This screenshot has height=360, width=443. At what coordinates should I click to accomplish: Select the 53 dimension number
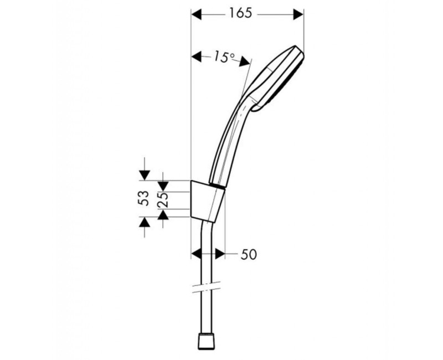(144, 198)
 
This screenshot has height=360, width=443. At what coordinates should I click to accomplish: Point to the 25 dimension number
(163, 200)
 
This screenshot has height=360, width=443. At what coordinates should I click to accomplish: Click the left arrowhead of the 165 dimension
(197, 13)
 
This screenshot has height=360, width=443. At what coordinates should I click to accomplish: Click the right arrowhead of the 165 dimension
(298, 13)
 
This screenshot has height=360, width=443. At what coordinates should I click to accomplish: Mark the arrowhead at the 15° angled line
(245, 63)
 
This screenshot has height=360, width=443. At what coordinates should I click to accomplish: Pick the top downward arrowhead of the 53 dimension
(144, 174)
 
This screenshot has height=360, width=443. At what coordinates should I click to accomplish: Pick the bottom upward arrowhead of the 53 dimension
(144, 222)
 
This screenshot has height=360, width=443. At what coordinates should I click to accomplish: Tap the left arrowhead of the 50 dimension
(196, 253)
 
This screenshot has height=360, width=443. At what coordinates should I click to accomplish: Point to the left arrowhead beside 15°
(197, 55)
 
